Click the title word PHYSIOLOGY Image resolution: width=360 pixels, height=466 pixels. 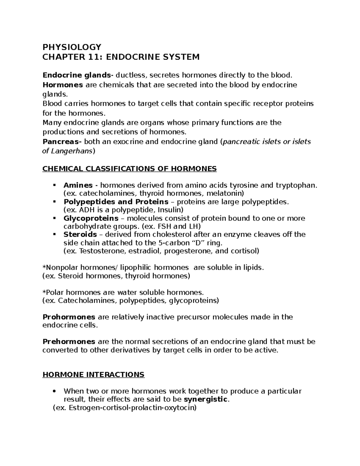click(x=72, y=47)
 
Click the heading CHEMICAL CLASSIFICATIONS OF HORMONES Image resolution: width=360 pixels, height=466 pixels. click(x=129, y=169)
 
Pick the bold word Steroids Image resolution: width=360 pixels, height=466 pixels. click(x=80, y=234)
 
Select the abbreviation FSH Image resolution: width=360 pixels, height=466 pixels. click(x=162, y=226)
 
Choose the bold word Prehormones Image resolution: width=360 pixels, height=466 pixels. click(x=69, y=341)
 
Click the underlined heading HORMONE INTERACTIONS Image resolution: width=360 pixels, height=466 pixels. click(x=94, y=374)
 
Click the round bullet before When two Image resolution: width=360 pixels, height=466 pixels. click(x=54, y=391)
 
